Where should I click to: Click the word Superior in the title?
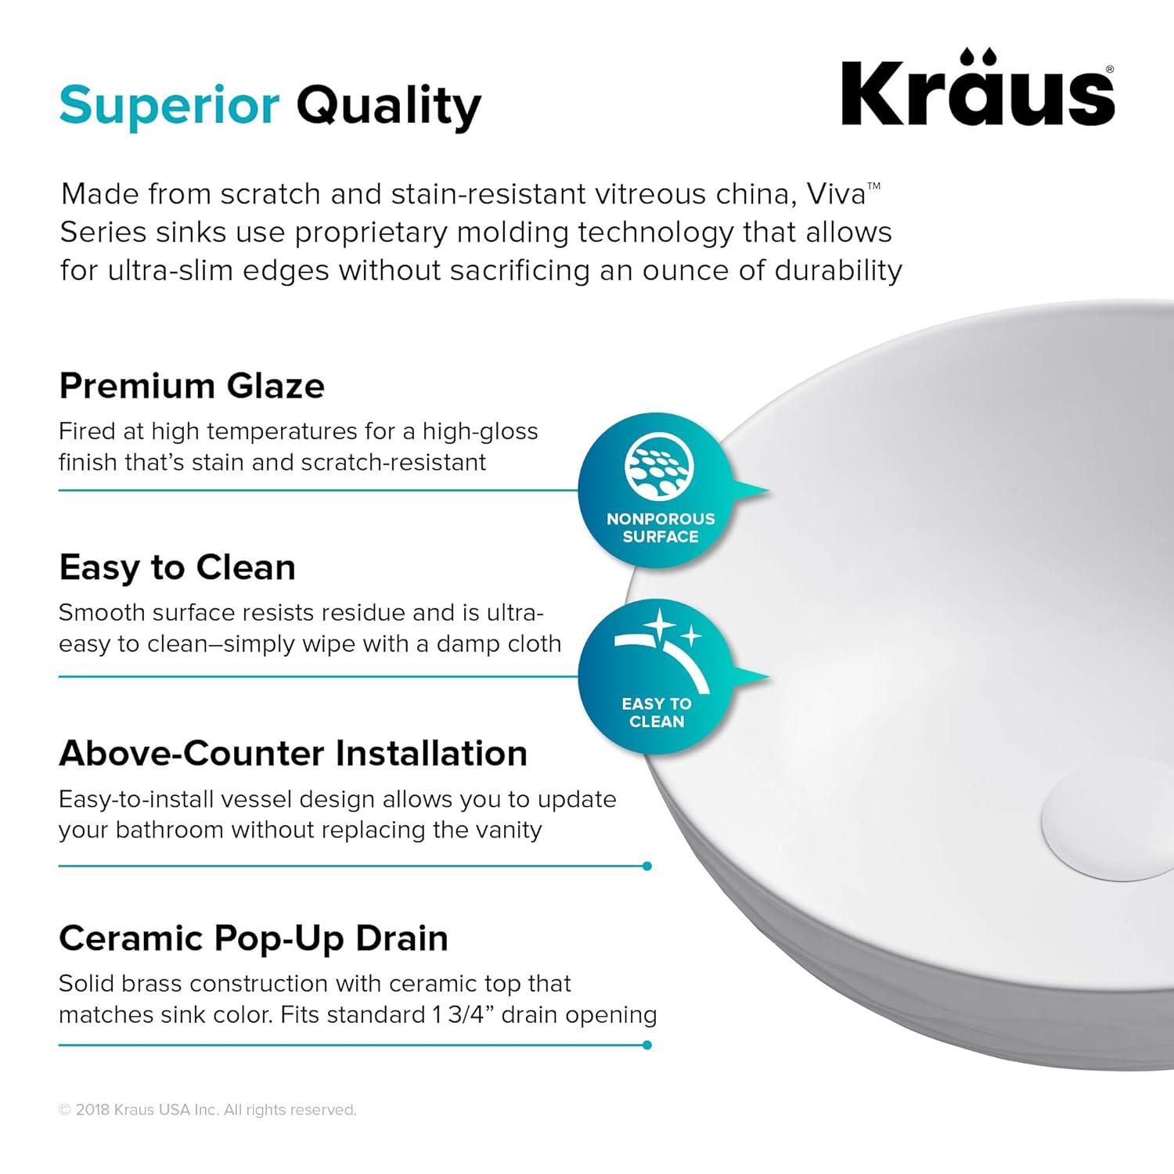click(169, 106)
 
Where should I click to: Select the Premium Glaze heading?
click(192, 386)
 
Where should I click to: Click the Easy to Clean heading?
click(178, 567)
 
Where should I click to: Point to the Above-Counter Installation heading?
click(293, 753)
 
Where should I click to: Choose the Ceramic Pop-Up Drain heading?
click(253, 938)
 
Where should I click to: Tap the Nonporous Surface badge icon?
click(660, 467)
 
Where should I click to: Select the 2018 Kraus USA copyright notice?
click(207, 1110)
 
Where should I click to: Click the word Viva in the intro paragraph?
click(836, 194)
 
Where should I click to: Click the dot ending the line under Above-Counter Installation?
click(646, 866)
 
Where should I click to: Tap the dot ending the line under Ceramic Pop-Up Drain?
click(646, 1045)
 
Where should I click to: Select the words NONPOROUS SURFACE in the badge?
click(661, 528)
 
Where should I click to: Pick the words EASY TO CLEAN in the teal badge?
click(657, 712)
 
